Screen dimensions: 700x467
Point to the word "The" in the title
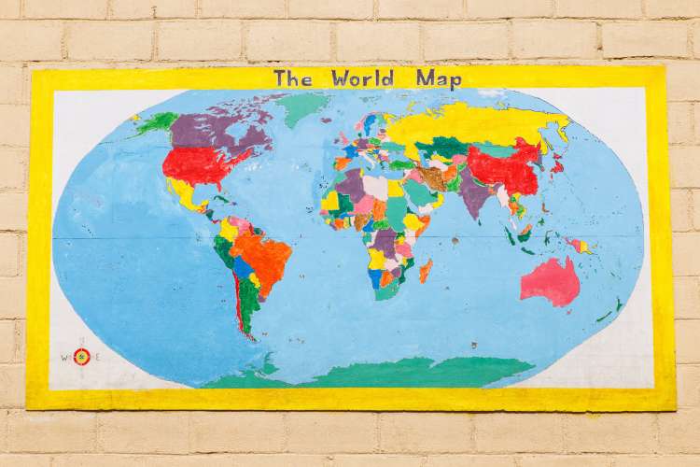coord(292,78)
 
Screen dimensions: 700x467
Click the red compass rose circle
coord(81,356)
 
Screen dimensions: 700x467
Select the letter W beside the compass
coord(65,356)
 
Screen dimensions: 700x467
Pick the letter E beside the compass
coord(97,356)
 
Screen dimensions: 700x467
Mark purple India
coord(475,197)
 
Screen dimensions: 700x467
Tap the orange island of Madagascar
coord(426,270)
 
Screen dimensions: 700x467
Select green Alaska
coord(156,122)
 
